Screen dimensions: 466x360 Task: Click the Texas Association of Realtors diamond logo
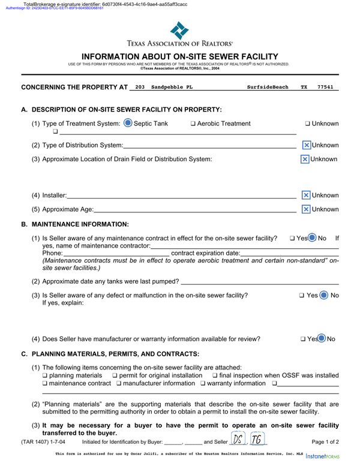point(179,29)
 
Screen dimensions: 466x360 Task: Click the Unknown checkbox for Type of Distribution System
point(306,146)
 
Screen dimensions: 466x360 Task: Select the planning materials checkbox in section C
point(44,376)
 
